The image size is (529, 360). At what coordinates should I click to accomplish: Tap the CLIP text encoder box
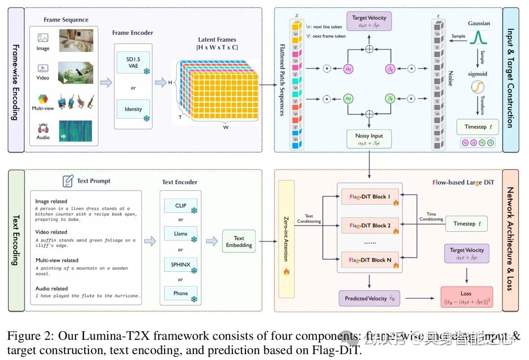pyautogui.click(x=181, y=206)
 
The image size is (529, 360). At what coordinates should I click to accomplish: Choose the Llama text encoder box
pyautogui.click(x=181, y=235)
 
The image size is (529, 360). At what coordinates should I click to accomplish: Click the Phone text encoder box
pyautogui.click(x=181, y=294)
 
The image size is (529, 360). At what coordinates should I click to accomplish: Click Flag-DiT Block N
pyautogui.click(x=369, y=260)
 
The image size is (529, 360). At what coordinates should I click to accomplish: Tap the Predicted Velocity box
pyautogui.click(x=369, y=298)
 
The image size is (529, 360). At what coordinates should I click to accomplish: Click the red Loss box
pyautogui.click(x=466, y=298)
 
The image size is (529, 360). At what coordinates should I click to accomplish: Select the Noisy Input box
pyautogui.click(x=369, y=139)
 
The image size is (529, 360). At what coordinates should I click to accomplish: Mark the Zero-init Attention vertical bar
pyautogui.click(x=287, y=239)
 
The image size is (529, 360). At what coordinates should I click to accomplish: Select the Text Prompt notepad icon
pyautogui.click(x=68, y=181)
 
